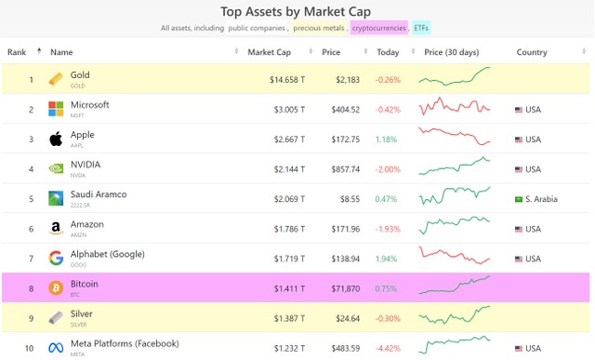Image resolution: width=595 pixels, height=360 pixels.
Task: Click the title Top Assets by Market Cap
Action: (297, 11)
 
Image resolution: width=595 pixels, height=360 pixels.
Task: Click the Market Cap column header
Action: (269, 52)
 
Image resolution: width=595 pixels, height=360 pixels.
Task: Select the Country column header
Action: (532, 52)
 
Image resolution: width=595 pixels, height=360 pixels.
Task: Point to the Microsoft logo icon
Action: (56, 110)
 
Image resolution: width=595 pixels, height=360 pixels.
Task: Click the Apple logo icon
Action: (56, 140)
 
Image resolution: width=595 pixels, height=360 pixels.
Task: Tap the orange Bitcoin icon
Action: (56, 288)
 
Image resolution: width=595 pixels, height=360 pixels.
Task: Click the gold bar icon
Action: (56, 79)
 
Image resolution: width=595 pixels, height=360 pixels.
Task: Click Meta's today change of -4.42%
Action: (388, 348)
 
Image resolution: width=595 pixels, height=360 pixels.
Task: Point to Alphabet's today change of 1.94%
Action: (387, 259)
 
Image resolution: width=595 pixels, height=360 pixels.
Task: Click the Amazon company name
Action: (87, 224)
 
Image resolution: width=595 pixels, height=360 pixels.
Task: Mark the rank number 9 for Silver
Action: (31, 318)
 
